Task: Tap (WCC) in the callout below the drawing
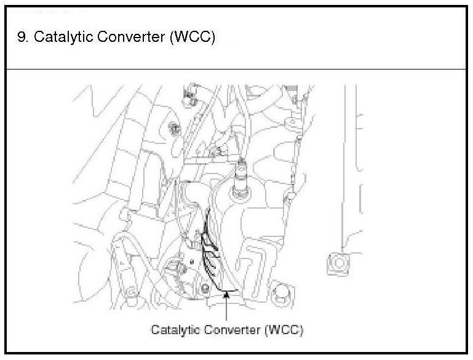click(x=284, y=330)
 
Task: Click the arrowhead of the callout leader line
click(x=228, y=295)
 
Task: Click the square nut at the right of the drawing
click(x=338, y=263)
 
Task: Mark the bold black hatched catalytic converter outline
click(x=212, y=252)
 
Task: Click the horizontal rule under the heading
click(x=236, y=69)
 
